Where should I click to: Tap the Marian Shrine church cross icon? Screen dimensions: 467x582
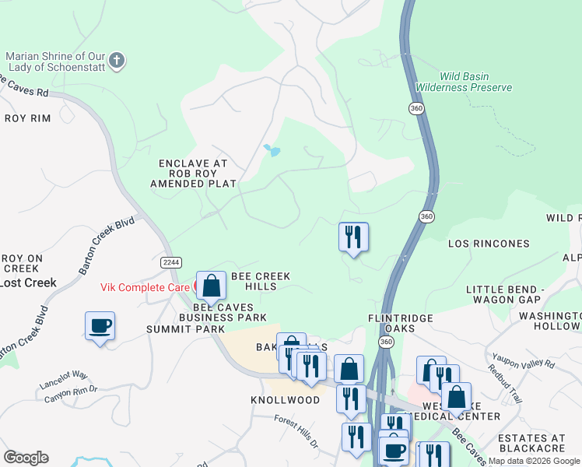(x=116, y=60)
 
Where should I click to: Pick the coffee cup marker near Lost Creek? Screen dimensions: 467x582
(x=100, y=326)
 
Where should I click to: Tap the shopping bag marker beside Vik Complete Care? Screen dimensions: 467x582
(x=211, y=286)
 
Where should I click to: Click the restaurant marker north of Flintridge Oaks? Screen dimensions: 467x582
(x=353, y=237)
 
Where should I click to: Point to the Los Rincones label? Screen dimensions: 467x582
(x=489, y=244)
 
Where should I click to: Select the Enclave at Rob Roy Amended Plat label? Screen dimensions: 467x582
(x=192, y=174)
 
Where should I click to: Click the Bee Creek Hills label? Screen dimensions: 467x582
(x=261, y=282)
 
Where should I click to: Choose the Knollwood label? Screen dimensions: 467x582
(x=286, y=400)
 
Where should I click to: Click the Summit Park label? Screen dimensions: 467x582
(x=174, y=329)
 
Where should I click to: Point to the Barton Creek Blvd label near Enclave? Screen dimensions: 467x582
(x=107, y=244)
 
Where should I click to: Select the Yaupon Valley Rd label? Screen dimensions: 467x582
(x=522, y=359)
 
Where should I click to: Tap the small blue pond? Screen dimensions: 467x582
(x=272, y=149)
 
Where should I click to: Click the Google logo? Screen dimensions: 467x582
(x=26, y=458)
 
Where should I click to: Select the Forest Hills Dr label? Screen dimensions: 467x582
(x=296, y=432)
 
